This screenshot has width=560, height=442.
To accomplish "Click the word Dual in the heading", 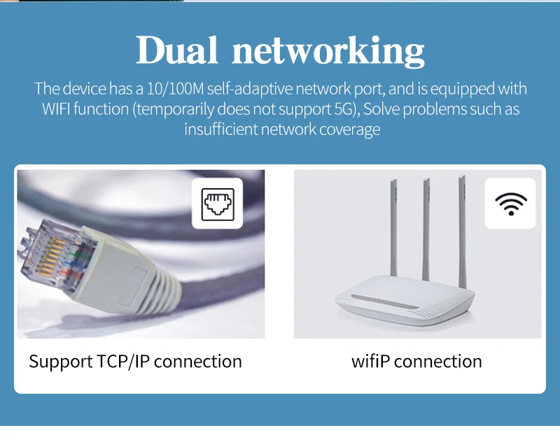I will tap(176, 50).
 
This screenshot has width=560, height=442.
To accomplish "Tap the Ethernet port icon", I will tap(216, 204).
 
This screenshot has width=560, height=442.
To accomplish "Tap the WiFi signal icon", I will tap(510, 204).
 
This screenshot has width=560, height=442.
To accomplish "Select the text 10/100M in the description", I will tap(180, 90).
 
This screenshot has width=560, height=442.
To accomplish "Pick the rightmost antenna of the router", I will tap(462, 224).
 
